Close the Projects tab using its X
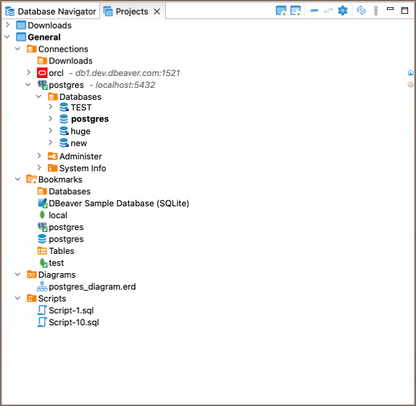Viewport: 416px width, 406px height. [x=156, y=12]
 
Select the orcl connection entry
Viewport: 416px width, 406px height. [x=56, y=73]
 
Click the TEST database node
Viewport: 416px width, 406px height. [x=81, y=107]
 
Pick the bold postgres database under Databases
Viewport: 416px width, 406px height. [x=90, y=119]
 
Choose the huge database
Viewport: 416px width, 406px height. [x=81, y=131]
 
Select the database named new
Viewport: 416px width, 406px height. [x=79, y=143]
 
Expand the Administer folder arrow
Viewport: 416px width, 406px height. [x=40, y=156]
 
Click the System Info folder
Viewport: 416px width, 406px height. [x=83, y=168]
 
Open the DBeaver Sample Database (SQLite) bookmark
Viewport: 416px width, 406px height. [x=119, y=203]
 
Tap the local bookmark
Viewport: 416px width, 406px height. [x=58, y=215]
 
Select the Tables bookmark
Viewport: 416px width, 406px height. [x=61, y=251]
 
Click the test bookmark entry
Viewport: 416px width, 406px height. [x=56, y=263]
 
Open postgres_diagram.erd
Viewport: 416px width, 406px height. [x=92, y=286]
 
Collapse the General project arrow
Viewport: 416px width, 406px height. [x=7, y=37]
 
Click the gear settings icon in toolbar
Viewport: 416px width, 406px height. [x=343, y=11]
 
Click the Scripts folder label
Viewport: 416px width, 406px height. [x=52, y=298]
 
